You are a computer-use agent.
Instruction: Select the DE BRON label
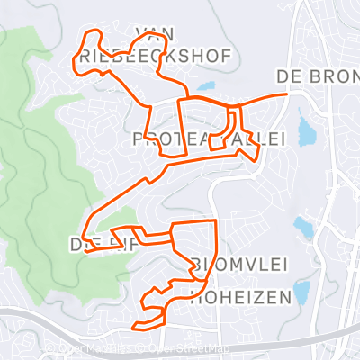click(x=318, y=75)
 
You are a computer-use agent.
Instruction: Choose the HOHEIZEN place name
click(x=240, y=296)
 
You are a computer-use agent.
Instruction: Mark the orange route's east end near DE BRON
click(x=285, y=93)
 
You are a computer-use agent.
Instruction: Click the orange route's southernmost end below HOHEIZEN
click(x=134, y=327)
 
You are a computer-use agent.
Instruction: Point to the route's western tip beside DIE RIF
click(x=86, y=252)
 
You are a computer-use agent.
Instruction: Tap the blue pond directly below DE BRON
click(x=306, y=133)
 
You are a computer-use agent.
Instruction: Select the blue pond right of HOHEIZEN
click(x=301, y=291)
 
